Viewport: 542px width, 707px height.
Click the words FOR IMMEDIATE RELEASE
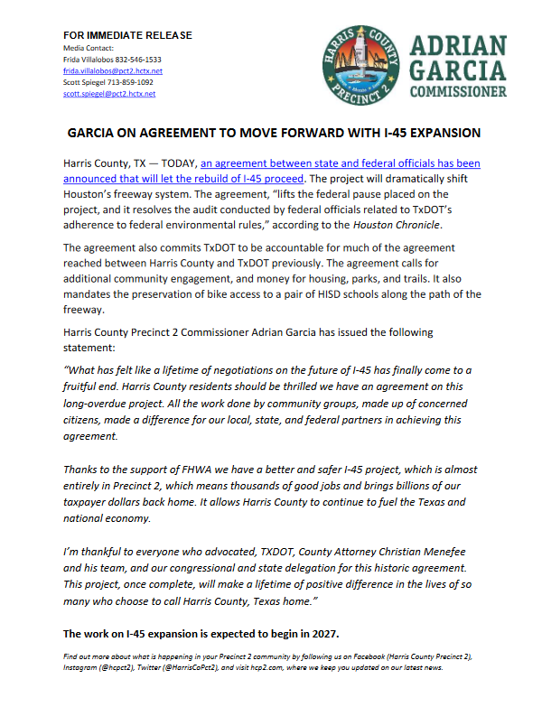[x=127, y=35]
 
